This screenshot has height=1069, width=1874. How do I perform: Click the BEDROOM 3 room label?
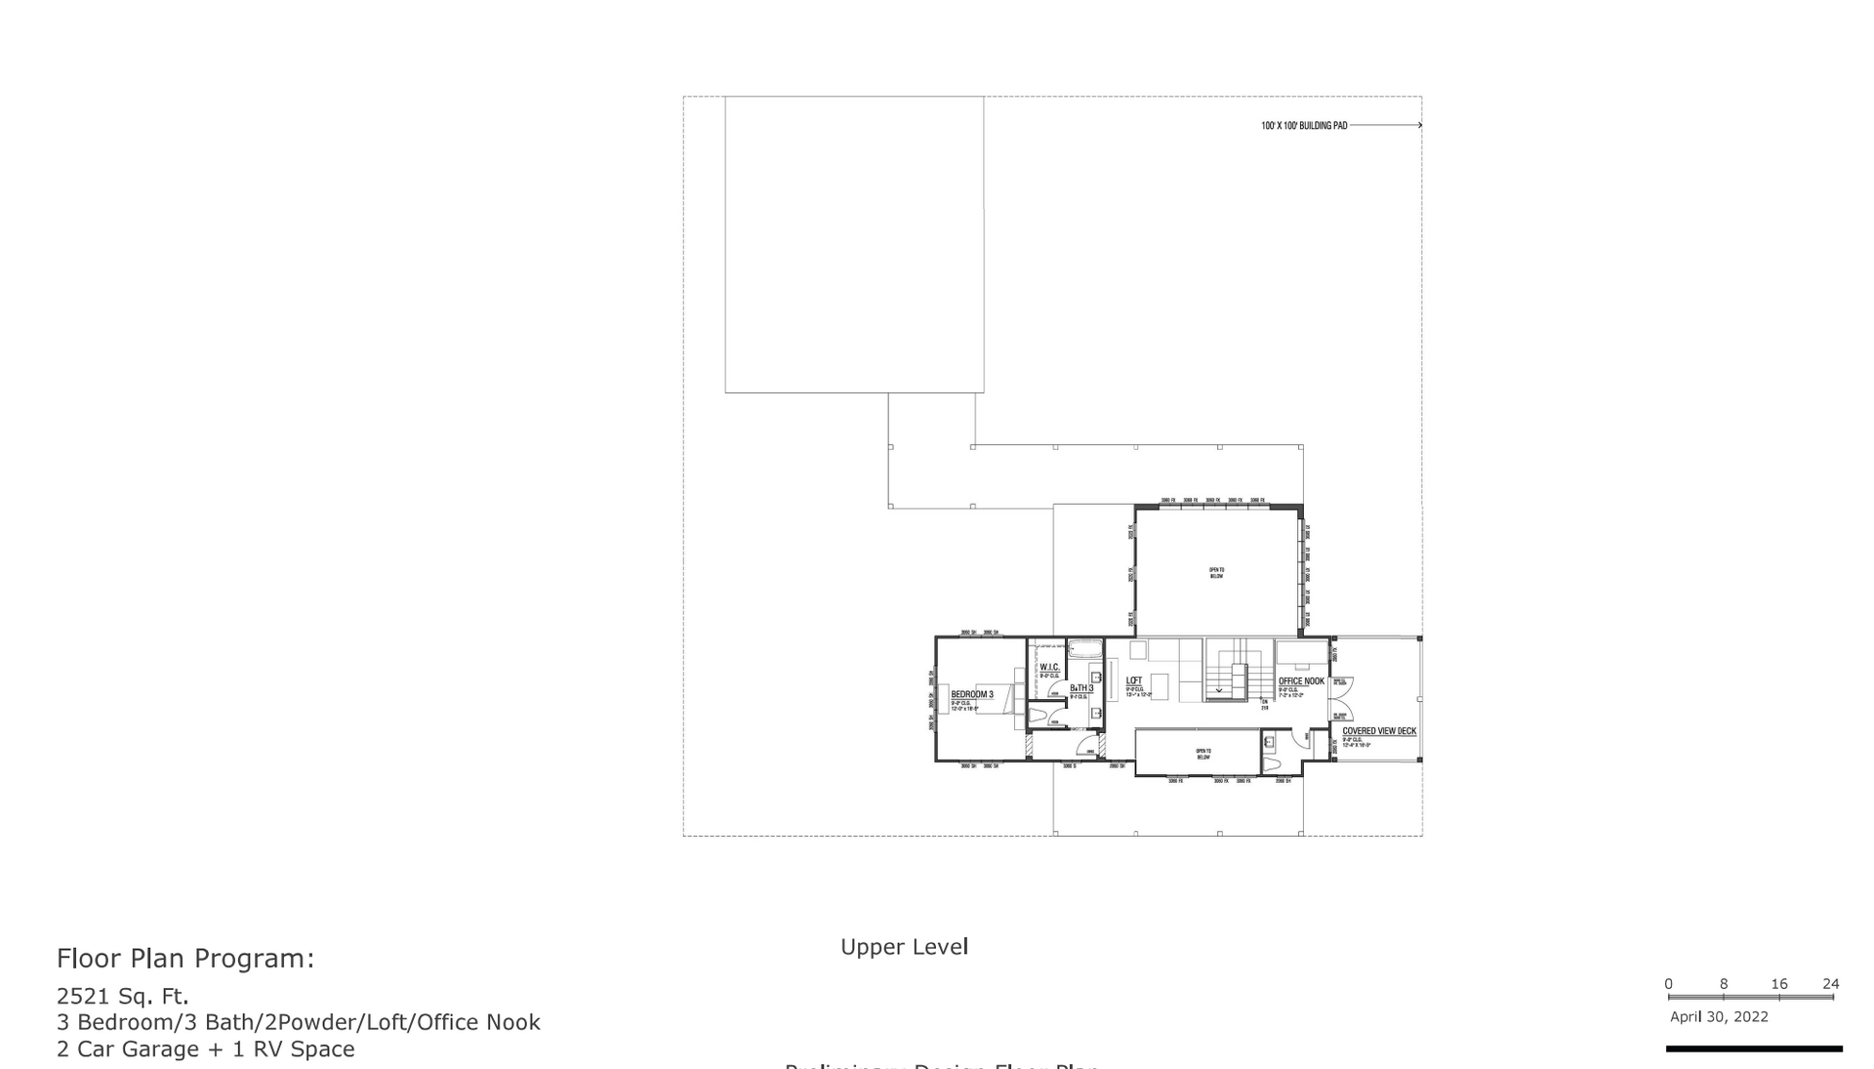point(971,694)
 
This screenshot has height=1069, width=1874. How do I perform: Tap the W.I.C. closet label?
point(1049,668)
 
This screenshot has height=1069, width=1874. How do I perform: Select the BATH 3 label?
point(1080,688)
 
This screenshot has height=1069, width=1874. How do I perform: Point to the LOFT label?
point(1134,680)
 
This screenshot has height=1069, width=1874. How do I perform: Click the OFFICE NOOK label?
point(1301,681)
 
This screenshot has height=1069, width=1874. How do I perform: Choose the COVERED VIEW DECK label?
point(1378,731)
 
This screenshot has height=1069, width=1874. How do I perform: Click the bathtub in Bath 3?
point(1084,647)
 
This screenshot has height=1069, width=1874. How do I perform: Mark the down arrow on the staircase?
point(1219,690)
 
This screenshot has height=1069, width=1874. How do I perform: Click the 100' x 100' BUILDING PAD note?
point(1304,126)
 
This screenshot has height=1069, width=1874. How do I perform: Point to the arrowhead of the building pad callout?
point(1419,125)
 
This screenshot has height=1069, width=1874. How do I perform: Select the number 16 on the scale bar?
point(1778,984)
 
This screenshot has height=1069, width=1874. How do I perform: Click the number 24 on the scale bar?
point(1830,984)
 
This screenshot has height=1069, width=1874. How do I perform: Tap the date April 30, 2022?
point(1719,1016)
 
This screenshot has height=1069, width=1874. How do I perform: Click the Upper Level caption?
point(904,946)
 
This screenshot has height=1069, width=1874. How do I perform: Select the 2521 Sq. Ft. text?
point(123,996)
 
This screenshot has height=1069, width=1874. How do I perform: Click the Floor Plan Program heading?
point(185,959)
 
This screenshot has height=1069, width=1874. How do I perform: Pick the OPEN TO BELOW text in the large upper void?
point(1216,573)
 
